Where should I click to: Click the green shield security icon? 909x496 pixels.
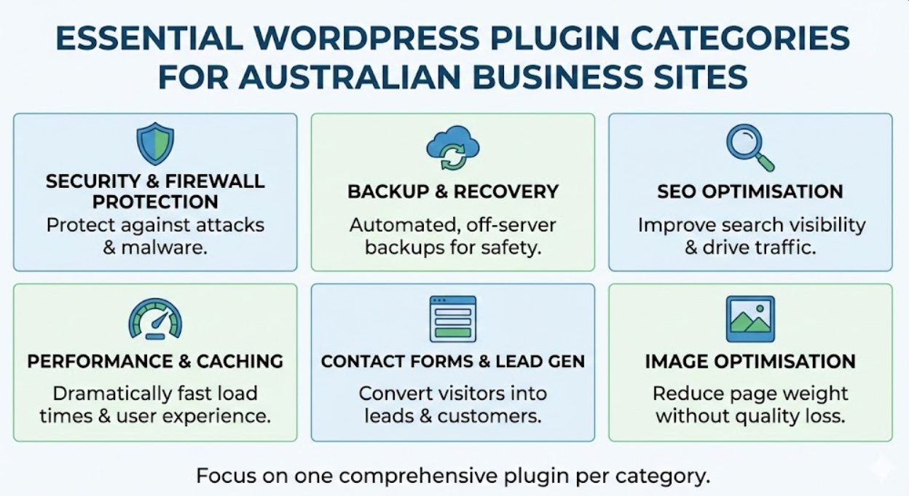click(155, 143)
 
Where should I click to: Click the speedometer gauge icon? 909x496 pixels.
click(155, 318)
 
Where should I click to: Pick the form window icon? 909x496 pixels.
click(453, 318)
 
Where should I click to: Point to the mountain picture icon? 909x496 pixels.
click(750, 318)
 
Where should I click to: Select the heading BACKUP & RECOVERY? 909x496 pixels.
click(453, 192)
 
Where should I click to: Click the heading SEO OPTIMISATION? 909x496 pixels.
click(750, 192)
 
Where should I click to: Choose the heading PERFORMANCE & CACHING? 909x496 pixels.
click(155, 361)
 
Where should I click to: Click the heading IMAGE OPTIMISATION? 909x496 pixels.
click(750, 361)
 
